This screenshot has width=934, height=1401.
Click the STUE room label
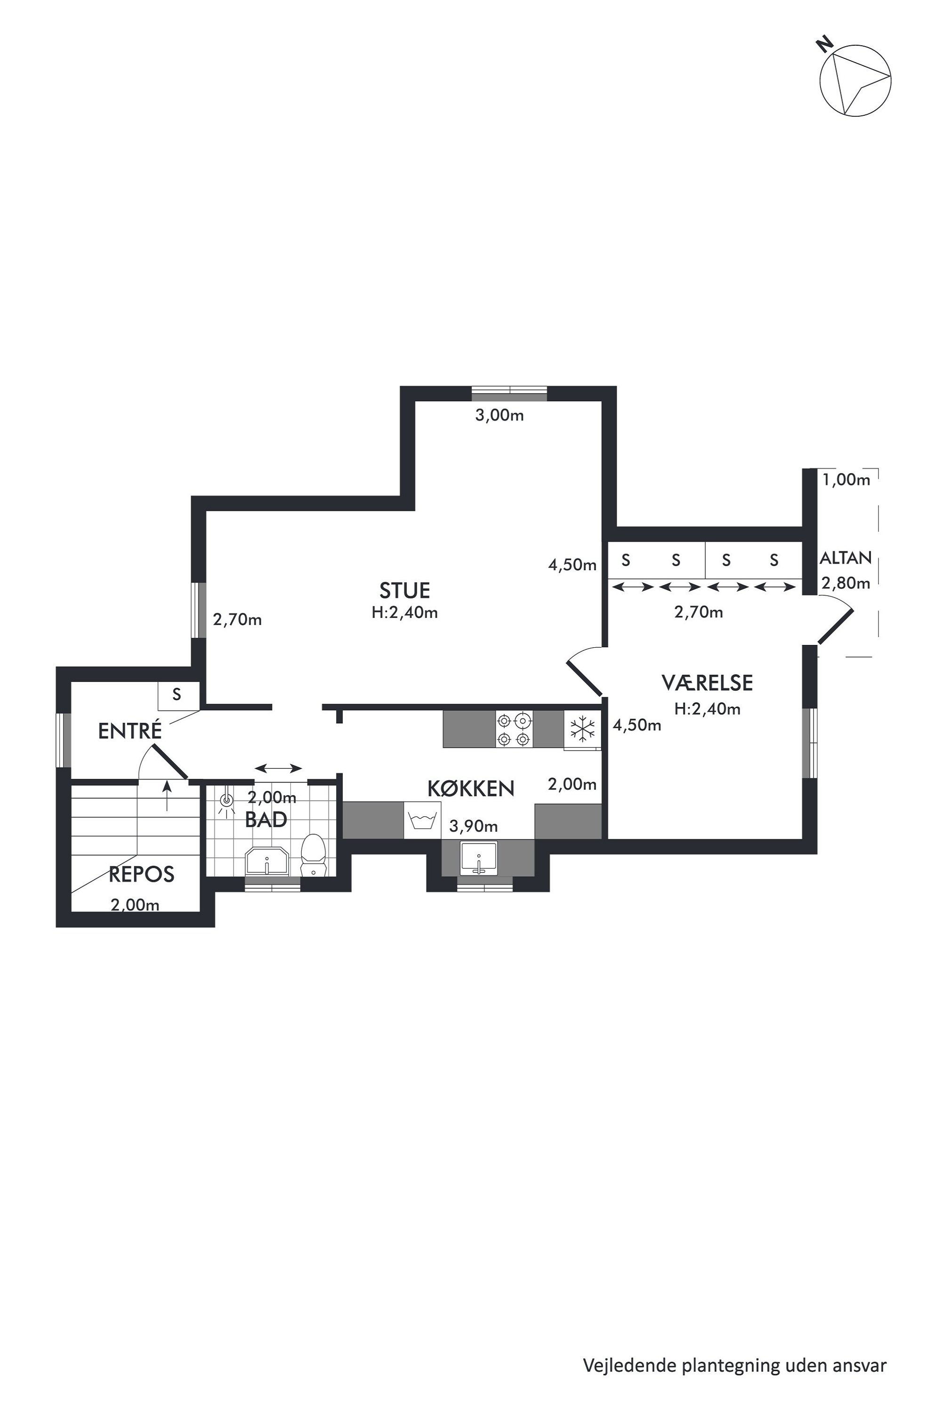[404, 590]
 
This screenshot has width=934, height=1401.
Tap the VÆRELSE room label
[707, 683]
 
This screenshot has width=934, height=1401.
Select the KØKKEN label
[471, 789]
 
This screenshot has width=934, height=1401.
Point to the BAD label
[266, 820]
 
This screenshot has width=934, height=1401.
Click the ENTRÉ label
[130, 731]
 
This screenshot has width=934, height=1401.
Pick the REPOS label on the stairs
[141, 874]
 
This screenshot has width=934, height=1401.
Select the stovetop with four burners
[514, 729]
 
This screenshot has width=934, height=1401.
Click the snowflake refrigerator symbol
[582, 728]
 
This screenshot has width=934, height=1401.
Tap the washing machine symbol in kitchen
[422, 820]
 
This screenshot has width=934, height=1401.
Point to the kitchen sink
[478, 858]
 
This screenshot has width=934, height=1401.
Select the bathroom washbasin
[267, 862]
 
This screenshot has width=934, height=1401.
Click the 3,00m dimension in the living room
[499, 415]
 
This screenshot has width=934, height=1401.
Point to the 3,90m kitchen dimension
[474, 826]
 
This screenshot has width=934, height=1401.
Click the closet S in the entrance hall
[177, 694]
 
